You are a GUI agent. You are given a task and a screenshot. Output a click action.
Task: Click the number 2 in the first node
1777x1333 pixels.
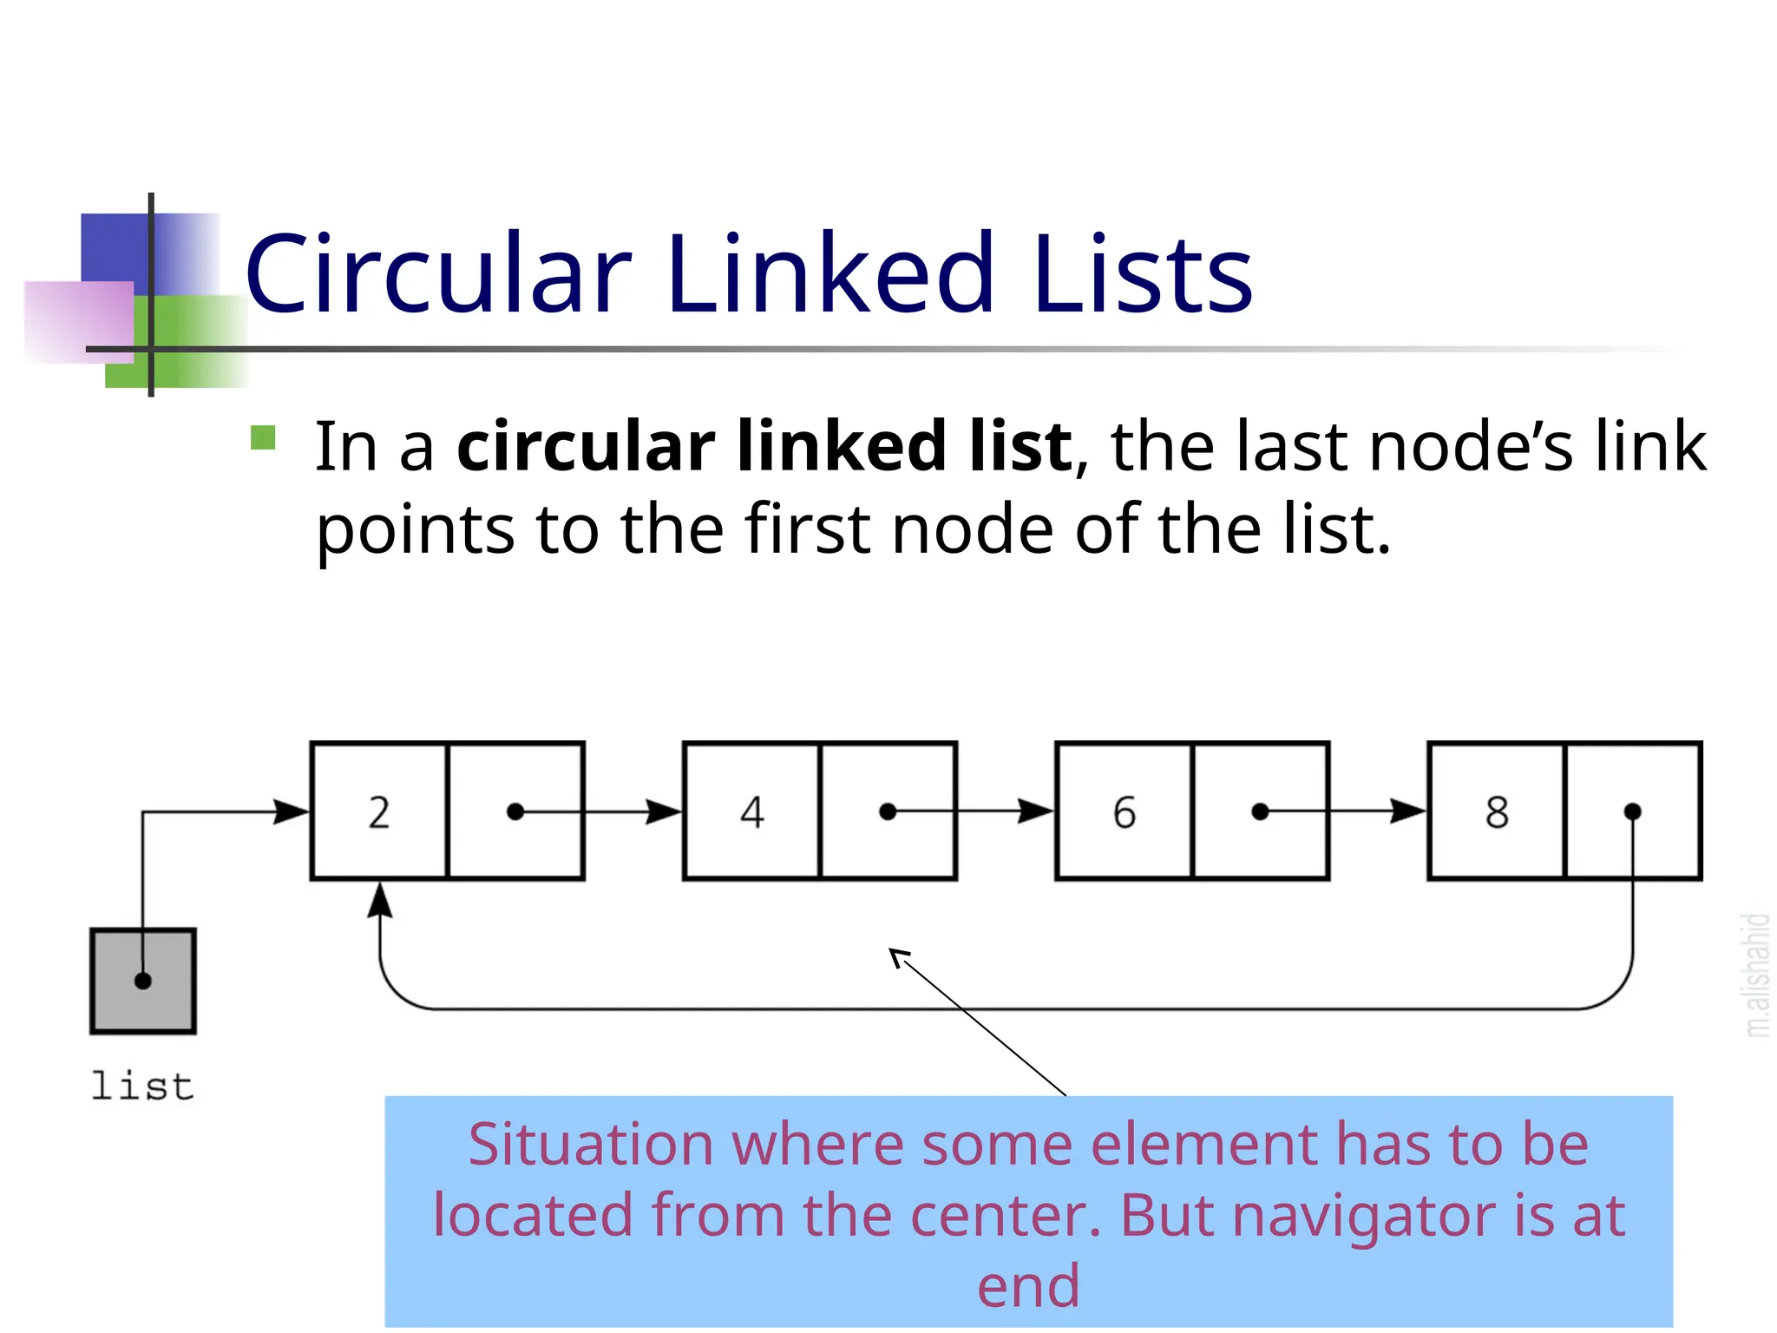tap(379, 812)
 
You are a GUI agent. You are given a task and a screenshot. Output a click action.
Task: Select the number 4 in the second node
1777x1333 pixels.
tap(752, 812)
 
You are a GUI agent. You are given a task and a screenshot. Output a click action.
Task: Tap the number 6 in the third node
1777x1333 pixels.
tap(1125, 812)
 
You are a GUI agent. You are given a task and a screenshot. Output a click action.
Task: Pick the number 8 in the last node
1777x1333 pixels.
tap(1497, 812)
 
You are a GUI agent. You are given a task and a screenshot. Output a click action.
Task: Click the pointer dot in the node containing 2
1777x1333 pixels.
tap(515, 812)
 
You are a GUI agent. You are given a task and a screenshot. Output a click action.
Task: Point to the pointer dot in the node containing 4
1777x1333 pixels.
tap(888, 812)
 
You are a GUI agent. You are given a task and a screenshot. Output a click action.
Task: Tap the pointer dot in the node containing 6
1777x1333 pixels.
tap(1261, 812)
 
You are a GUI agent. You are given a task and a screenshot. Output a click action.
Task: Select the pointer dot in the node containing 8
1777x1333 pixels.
tap(1632, 812)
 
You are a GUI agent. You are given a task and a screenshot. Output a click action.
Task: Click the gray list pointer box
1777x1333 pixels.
tap(143, 981)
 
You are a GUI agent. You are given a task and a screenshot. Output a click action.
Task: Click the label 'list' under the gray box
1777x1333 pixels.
tap(142, 1087)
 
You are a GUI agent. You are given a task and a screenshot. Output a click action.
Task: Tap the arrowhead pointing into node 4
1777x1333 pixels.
tap(665, 812)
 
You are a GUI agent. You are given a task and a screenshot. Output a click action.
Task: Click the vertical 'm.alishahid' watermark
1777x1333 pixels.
tap(1756, 975)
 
